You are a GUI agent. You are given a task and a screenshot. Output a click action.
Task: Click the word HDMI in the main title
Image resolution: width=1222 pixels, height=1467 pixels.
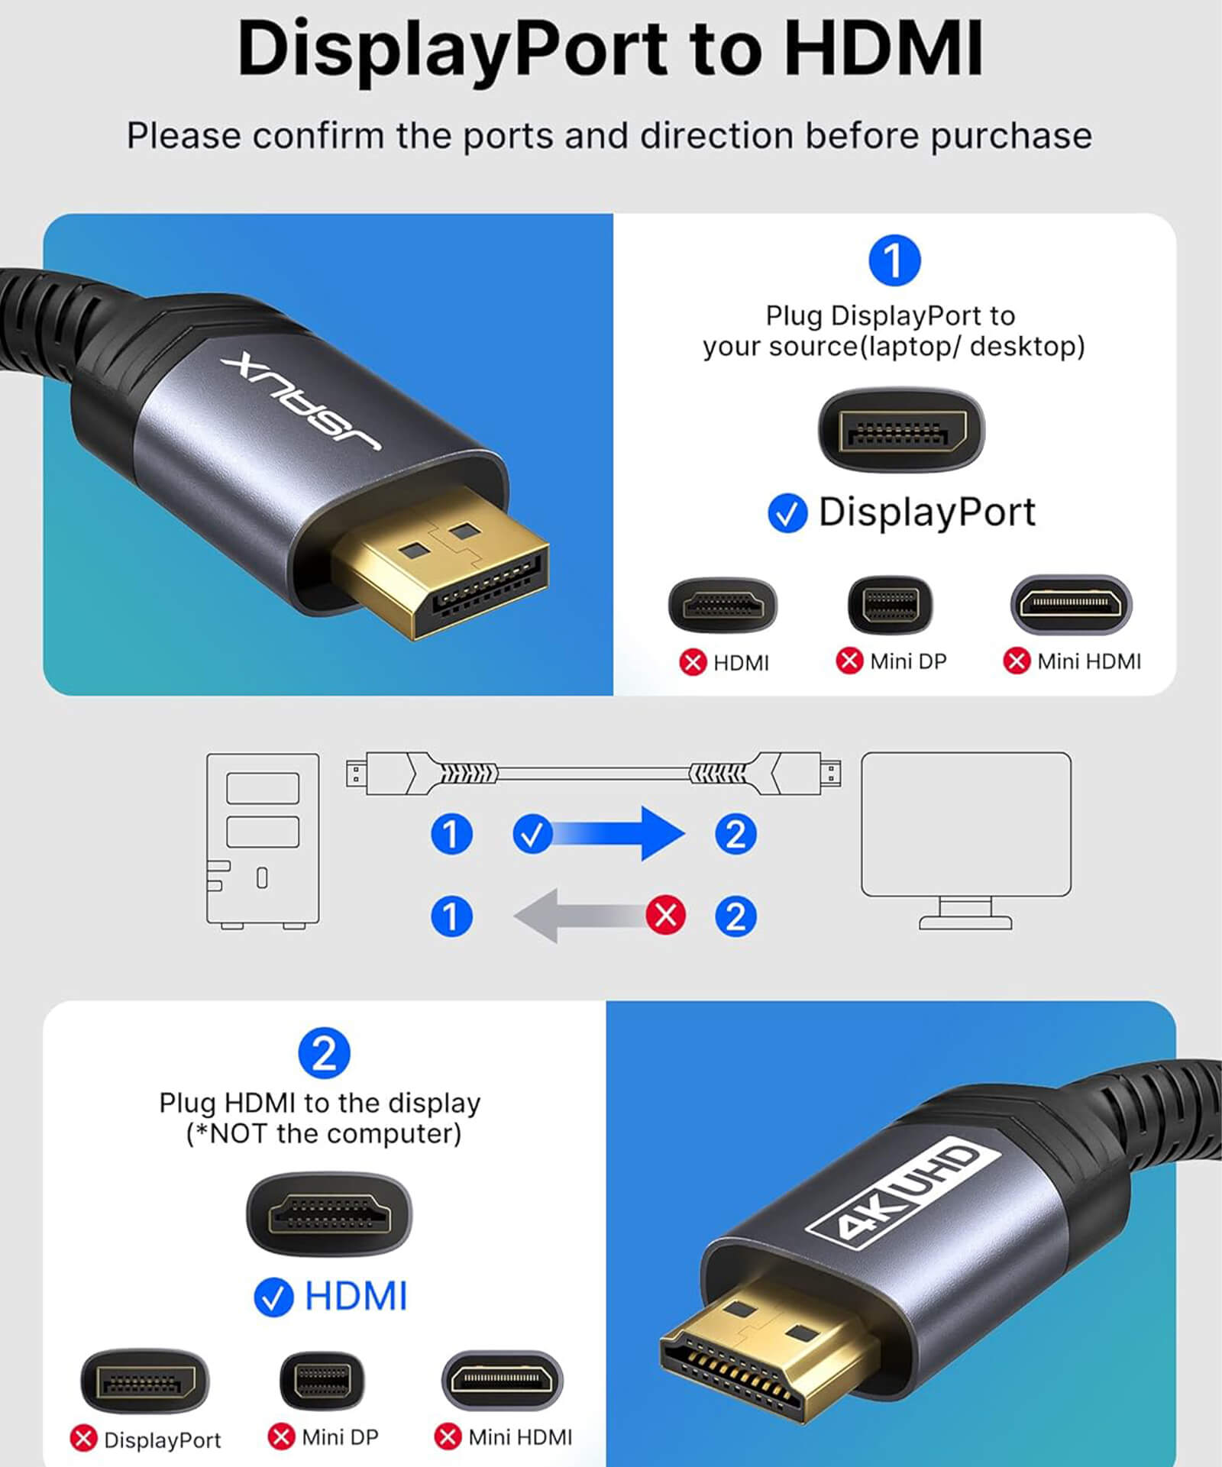[x=884, y=49]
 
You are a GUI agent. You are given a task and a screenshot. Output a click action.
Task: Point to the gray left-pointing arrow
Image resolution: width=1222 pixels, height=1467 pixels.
[x=580, y=915]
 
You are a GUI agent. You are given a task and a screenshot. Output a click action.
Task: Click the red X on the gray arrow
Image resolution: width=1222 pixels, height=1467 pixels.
[x=665, y=915]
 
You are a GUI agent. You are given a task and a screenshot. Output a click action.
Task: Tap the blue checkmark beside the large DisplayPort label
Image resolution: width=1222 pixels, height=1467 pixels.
[x=787, y=512]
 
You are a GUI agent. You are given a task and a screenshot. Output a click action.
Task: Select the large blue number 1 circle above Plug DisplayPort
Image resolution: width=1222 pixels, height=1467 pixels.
[x=894, y=260]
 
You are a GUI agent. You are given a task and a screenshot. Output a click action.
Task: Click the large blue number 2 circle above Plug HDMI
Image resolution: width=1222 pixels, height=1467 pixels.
[x=324, y=1053]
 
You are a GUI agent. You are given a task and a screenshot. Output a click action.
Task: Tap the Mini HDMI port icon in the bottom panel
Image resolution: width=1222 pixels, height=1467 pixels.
[x=502, y=1380]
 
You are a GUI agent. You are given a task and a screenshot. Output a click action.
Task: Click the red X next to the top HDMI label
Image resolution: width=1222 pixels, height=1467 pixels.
[x=693, y=662]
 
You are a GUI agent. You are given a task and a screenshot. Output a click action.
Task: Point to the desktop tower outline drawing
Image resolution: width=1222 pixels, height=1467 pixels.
[x=263, y=840]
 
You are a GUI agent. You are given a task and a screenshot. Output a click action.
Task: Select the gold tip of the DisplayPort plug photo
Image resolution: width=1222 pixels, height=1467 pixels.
[x=451, y=565]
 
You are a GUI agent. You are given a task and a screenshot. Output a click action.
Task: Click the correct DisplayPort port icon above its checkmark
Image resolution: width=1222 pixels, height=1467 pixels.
[x=901, y=431]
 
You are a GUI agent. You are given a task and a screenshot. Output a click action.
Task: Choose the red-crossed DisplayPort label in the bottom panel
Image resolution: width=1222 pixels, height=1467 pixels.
[x=161, y=1440]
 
